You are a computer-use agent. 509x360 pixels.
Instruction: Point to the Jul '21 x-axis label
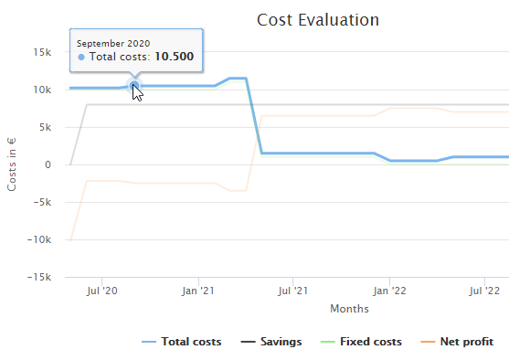292,291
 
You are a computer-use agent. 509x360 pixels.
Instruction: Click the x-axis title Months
349,309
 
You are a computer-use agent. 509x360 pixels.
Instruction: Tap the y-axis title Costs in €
13,164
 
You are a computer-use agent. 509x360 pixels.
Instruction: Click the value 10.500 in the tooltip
174,58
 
